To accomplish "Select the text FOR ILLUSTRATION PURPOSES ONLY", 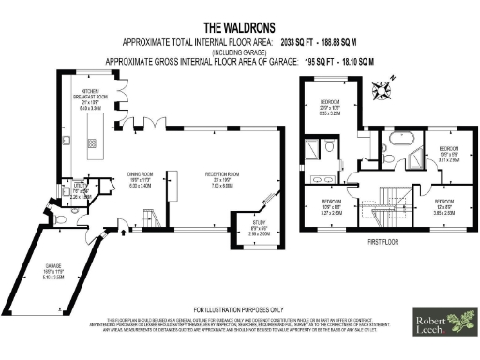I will coord(238,309).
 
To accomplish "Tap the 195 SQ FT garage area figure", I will coord(318,60).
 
